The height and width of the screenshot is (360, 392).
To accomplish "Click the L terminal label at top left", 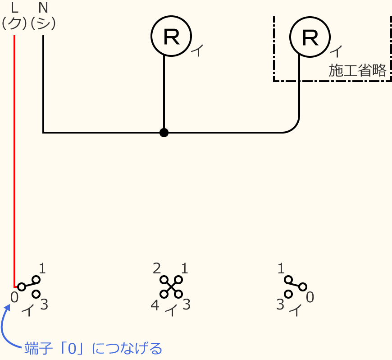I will point(14,8).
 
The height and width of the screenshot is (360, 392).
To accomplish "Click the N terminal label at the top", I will point(43,8).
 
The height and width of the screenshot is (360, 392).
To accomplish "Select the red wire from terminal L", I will point(14,158).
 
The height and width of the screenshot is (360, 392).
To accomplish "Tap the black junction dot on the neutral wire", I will point(164,133).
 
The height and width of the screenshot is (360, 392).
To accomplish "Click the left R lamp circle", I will point(171,36).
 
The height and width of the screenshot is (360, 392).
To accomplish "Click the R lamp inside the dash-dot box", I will point(310,37).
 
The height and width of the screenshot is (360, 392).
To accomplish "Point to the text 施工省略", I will point(357,71).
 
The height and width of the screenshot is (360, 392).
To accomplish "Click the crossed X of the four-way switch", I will point(171,287).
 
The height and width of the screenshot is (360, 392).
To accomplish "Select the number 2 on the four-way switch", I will point(157,269).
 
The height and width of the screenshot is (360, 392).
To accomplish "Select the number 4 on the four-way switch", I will point(155,306).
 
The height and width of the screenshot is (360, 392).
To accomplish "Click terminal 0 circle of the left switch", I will point(21,287).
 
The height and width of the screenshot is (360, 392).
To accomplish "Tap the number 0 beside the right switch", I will point(310,297).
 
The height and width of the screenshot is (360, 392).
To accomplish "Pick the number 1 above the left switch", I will point(42,269).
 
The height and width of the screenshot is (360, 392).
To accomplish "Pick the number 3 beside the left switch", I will point(44,305).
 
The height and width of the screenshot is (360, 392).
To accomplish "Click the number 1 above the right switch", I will point(281,269).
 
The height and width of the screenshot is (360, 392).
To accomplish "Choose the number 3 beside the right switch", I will point(280,305).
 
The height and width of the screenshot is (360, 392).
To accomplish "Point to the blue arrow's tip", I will point(8,305).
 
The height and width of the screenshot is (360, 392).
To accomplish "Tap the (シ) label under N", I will point(43,23).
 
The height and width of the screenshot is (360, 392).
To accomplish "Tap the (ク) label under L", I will point(14,23).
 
